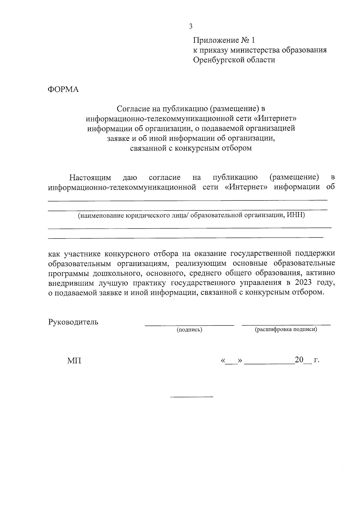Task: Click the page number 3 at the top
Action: point(190,26)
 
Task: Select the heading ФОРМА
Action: point(63,89)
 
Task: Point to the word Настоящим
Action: point(90,178)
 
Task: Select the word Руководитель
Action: point(73,322)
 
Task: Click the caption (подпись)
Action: point(189,330)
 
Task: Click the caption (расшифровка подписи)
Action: point(286,330)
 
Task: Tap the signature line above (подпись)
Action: point(189,325)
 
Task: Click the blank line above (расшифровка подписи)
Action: point(286,325)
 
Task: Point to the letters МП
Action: point(74,361)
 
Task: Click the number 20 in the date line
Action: point(299,360)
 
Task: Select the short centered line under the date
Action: point(192,397)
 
